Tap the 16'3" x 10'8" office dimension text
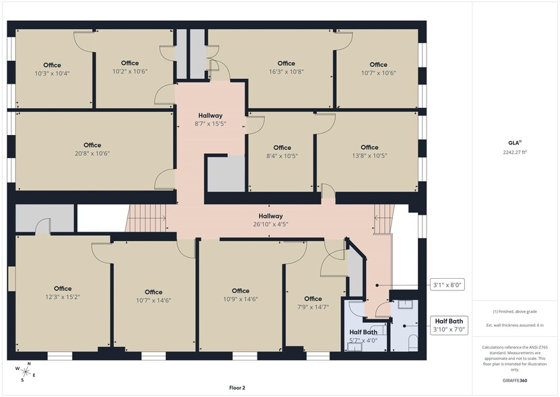(286, 72)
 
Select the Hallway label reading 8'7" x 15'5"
(210, 120)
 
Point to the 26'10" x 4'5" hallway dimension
(271, 224)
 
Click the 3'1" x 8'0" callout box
(447, 285)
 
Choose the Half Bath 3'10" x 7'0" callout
(449, 325)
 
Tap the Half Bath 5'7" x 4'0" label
(363, 336)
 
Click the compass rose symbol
(26, 371)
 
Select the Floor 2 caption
(237, 388)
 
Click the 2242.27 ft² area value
(515, 152)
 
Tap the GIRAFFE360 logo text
(514, 381)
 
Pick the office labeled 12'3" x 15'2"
(63, 292)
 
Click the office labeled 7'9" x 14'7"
(313, 303)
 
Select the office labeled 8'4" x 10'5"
(282, 152)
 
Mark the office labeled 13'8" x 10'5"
(370, 151)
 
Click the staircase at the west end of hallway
(146, 218)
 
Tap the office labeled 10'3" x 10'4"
(52, 69)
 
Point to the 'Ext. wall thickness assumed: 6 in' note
(515, 325)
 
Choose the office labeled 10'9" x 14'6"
(241, 295)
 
